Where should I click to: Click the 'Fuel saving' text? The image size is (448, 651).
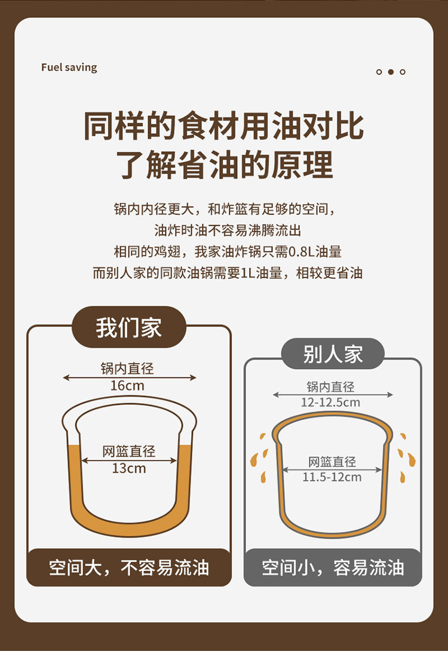[x=69, y=67]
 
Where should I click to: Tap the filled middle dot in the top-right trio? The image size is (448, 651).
[x=391, y=72]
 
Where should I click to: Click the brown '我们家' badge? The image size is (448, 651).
[x=128, y=327]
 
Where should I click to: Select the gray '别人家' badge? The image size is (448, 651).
[x=333, y=354]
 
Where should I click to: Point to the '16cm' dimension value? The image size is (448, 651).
[x=127, y=386]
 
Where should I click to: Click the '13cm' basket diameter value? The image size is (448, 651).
[x=128, y=469]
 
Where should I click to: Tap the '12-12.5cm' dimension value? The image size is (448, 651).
[x=330, y=403]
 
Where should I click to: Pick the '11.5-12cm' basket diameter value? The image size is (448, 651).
[x=332, y=477]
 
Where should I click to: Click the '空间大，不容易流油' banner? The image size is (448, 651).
[x=128, y=567]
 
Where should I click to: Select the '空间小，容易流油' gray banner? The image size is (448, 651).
[x=333, y=567]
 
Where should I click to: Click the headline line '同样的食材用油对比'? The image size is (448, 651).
[x=224, y=126]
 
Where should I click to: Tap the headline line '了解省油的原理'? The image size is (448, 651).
[x=224, y=165]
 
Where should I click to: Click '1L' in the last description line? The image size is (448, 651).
[x=248, y=273]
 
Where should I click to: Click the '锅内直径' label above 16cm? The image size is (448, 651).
[x=127, y=369]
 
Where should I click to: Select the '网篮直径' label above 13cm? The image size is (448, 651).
[x=128, y=452]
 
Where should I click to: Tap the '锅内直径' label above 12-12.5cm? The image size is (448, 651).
[x=331, y=387]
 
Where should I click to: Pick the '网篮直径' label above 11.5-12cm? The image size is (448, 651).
[x=332, y=462]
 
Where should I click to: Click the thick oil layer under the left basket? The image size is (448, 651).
[x=130, y=525]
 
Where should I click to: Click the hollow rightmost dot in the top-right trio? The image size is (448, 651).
[x=403, y=72]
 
